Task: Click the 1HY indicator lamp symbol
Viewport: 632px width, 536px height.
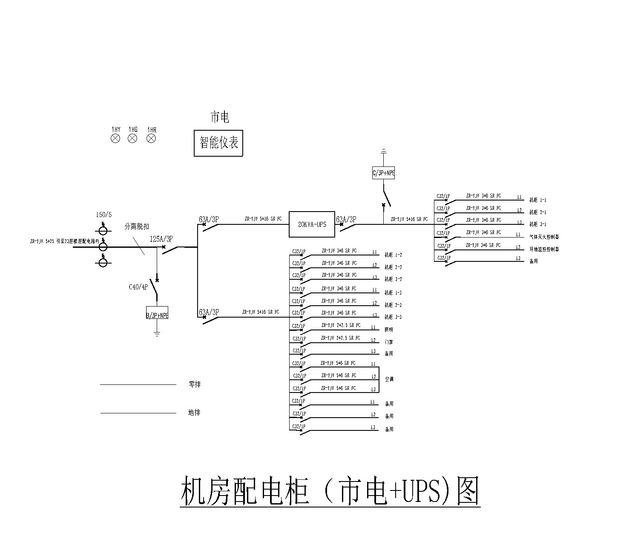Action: click(115, 138)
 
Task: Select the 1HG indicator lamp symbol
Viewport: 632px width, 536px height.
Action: click(133, 138)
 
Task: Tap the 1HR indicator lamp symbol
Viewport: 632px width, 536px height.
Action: click(151, 138)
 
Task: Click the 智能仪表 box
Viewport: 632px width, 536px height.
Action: click(218, 143)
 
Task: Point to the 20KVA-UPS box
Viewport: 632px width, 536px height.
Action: click(312, 224)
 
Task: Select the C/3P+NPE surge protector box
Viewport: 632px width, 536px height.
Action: click(383, 173)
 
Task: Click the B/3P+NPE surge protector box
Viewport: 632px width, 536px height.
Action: click(157, 315)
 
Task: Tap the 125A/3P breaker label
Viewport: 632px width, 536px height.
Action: click(161, 239)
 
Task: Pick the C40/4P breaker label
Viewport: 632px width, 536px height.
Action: click(138, 287)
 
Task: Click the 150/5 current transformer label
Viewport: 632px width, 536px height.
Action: click(104, 215)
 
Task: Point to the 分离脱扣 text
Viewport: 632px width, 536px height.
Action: click(137, 227)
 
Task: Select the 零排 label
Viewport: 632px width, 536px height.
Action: click(195, 384)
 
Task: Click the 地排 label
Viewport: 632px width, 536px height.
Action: click(194, 413)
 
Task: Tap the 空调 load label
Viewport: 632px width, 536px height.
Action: click(389, 379)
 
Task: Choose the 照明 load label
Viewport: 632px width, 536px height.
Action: click(389, 330)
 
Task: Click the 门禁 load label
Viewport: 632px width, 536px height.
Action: click(388, 342)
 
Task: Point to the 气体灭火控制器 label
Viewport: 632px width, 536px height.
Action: click(544, 237)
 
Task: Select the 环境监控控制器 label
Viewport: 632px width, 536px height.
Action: click(544, 249)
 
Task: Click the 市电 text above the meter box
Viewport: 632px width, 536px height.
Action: click(220, 117)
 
